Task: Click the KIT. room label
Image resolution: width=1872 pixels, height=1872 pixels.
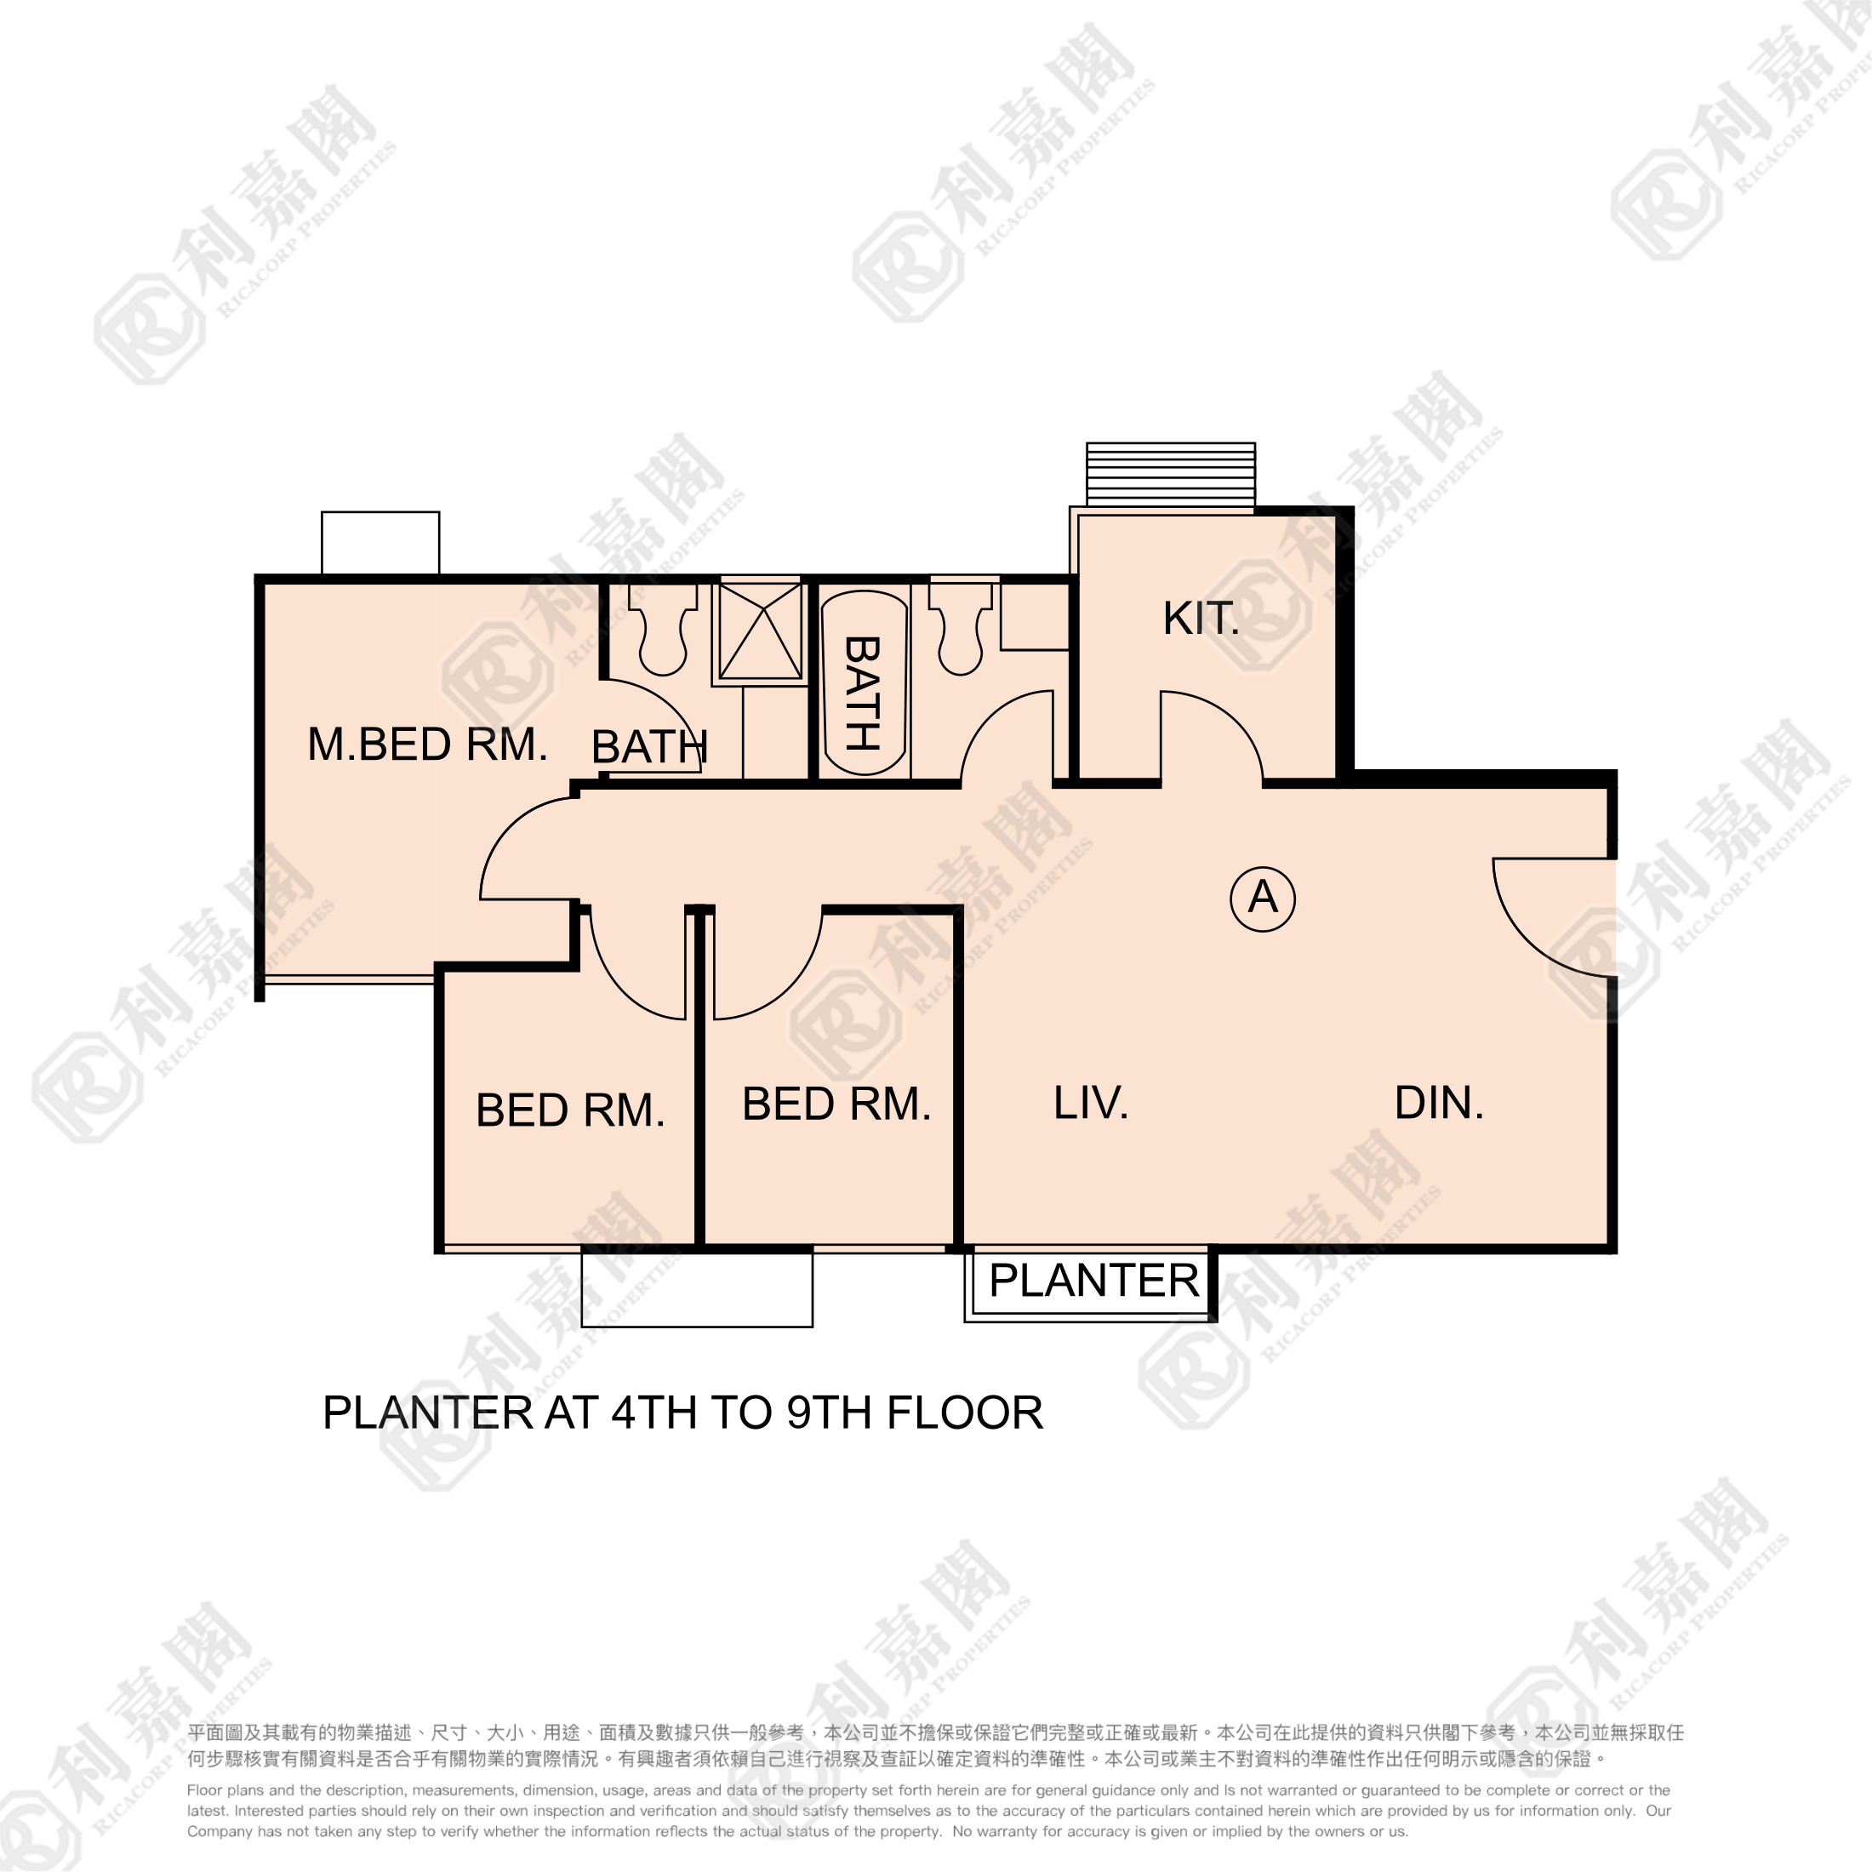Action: coord(1201,619)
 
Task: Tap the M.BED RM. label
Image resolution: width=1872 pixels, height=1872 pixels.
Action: coord(427,745)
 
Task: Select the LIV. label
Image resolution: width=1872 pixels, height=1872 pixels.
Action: coord(1091,1103)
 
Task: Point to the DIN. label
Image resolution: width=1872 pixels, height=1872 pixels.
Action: coord(1439,1103)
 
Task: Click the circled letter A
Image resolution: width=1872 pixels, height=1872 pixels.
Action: coord(1263,899)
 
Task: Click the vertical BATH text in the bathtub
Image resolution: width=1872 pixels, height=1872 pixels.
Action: coord(862,693)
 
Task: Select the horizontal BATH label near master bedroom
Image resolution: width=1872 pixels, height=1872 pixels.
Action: coord(649,747)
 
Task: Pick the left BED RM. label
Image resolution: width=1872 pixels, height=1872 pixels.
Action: coord(570,1110)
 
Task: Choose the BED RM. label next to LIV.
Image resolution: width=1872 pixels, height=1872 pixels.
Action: coord(836,1104)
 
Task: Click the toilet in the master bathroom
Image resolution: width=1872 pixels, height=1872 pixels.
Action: coord(663,628)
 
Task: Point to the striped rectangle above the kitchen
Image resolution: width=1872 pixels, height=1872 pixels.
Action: coord(1171,474)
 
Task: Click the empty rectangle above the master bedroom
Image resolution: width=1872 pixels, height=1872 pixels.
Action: coord(380,543)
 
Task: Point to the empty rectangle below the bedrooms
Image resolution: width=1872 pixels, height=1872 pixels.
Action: coord(697,1288)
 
